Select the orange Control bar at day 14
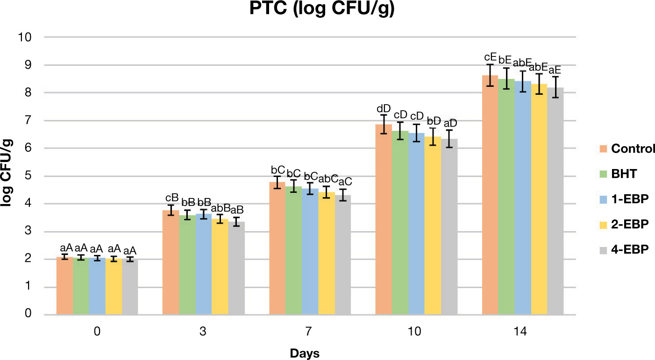click(x=490, y=196)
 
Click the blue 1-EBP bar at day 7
click(x=309, y=252)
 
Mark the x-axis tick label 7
click(x=309, y=332)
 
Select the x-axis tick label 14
click(x=522, y=332)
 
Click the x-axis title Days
click(x=304, y=353)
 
